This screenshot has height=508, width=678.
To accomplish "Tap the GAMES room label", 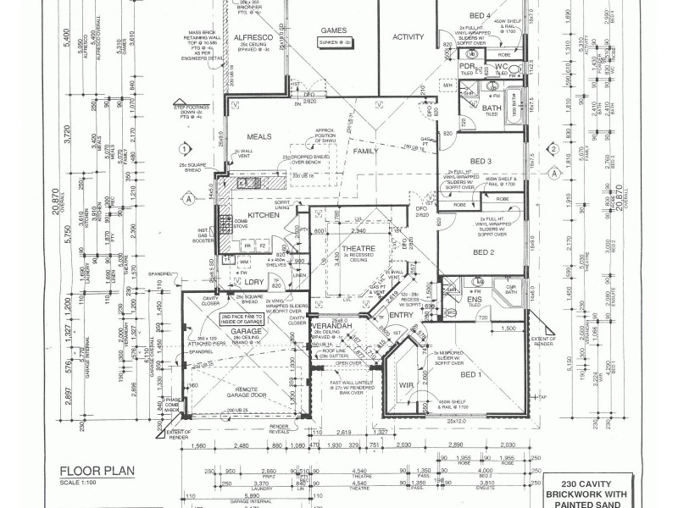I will (x=333, y=30).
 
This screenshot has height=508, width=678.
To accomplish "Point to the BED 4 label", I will (x=480, y=16).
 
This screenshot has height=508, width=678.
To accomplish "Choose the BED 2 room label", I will (x=483, y=252).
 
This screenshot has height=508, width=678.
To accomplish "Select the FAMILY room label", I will (x=366, y=151).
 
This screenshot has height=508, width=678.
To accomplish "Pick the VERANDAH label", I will (x=325, y=326).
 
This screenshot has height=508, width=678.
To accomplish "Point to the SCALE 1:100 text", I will (x=80, y=483).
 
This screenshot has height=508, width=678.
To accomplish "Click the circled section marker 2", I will (x=553, y=148).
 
